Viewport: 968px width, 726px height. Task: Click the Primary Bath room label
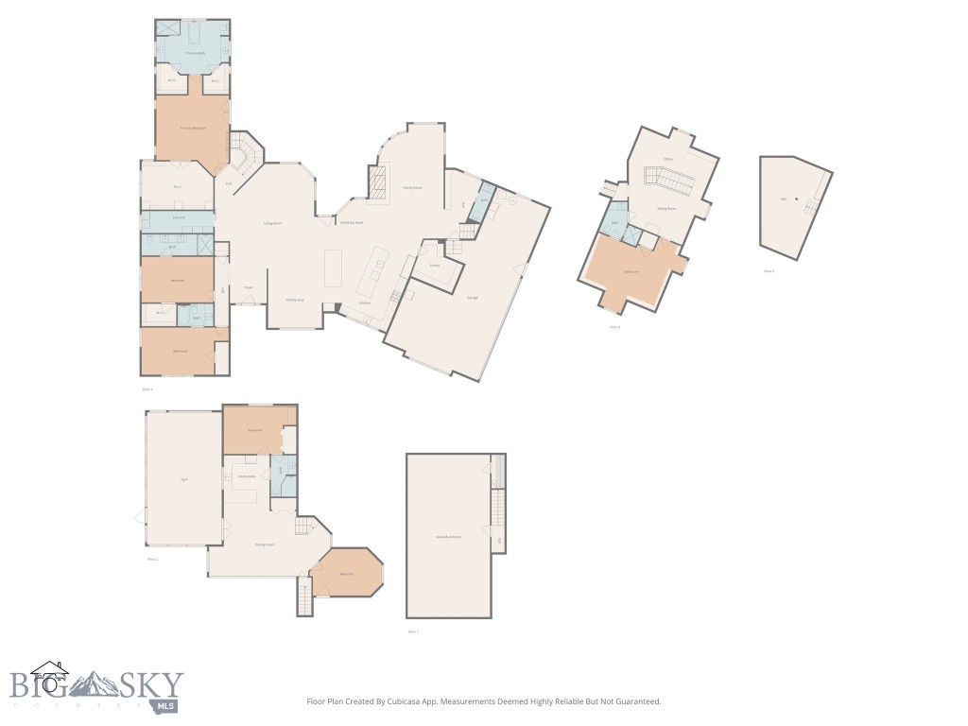tap(193, 53)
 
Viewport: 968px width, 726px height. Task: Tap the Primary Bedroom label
tap(193, 128)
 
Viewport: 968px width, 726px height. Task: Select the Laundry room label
tap(178, 217)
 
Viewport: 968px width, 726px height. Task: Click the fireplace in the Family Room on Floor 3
tap(378, 181)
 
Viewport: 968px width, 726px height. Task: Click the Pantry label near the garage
tap(435, 266)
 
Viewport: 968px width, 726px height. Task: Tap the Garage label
tap(472, 298)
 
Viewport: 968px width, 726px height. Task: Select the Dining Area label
tap(295, 300)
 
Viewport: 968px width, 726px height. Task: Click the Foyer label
tap(248, 287)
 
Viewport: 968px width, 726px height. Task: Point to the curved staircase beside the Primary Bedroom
tap(248, 154)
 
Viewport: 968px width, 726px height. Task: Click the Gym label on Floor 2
tap(183, 479)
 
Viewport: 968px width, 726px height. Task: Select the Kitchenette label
tap(248, 475)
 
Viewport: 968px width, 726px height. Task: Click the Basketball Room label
tap(448, 536)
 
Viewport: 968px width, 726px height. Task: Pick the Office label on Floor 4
tap(668, 159)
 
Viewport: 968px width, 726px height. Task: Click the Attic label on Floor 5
tap(784, 199)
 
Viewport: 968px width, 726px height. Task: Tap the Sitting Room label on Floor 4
tap(665, 208)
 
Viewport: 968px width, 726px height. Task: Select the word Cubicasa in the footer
tap(406, 701)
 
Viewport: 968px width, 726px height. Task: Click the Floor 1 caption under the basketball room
tap(412, 631)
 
